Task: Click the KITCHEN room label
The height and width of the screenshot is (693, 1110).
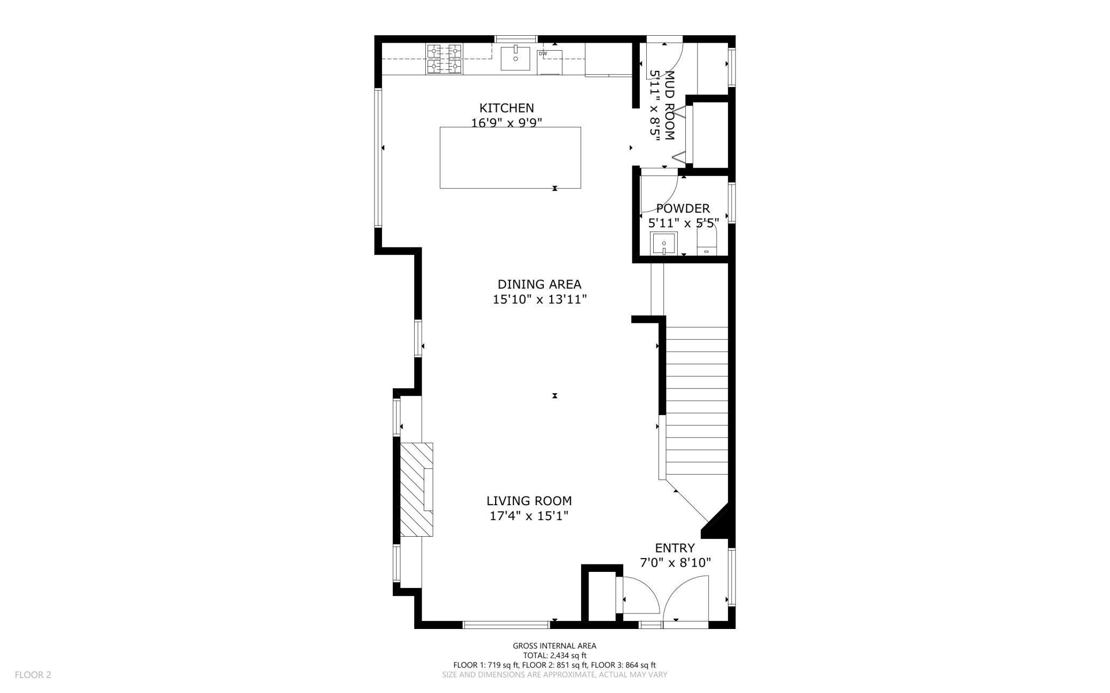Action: click(506, 108)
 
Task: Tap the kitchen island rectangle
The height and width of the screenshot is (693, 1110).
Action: click(510, 157)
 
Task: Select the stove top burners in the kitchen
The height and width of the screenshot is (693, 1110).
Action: click(444, 59)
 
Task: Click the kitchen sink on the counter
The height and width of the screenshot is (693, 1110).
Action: click(515, 59)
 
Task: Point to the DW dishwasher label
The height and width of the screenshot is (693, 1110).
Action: click(543, 54)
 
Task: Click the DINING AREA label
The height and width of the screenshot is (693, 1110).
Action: click(539, 284)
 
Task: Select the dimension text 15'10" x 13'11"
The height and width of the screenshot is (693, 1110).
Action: click(539, 300)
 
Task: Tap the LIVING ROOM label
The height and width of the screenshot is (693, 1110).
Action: click(529, 501)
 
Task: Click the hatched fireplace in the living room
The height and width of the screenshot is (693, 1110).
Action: click(416, 489)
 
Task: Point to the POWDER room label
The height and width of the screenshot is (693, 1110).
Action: click(683, 209)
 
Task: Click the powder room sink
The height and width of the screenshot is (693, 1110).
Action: click(663, 244)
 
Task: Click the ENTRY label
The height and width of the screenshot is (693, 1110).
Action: click(675, 548)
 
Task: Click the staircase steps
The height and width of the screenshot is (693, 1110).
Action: click(696, 400)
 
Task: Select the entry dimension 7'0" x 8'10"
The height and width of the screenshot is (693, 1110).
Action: click(675, 563)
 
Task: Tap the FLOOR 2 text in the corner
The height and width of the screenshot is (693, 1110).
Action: click(33, 675)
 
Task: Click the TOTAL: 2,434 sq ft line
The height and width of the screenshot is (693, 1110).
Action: click(554, 656)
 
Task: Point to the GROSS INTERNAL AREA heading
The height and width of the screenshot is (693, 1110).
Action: click(554, 646)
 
